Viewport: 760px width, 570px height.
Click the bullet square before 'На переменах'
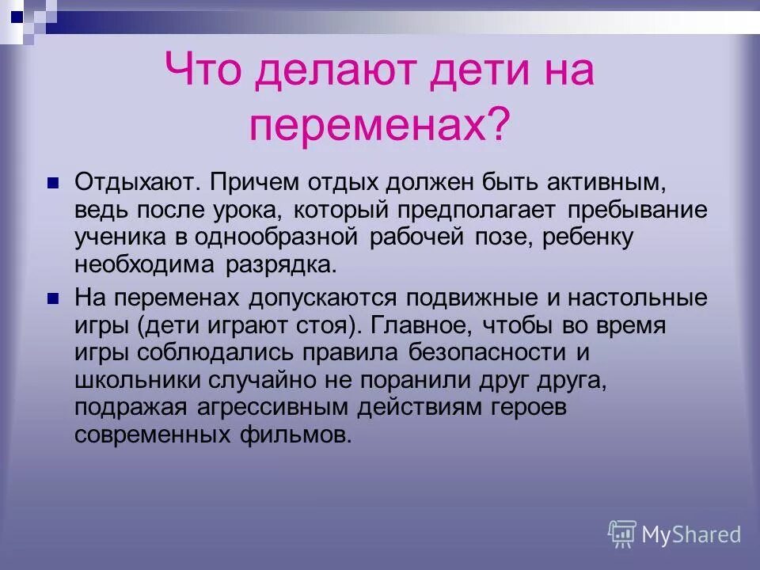point(54,298)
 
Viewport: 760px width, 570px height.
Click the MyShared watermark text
point(691,534)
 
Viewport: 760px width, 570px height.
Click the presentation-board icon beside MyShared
point(622,534)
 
